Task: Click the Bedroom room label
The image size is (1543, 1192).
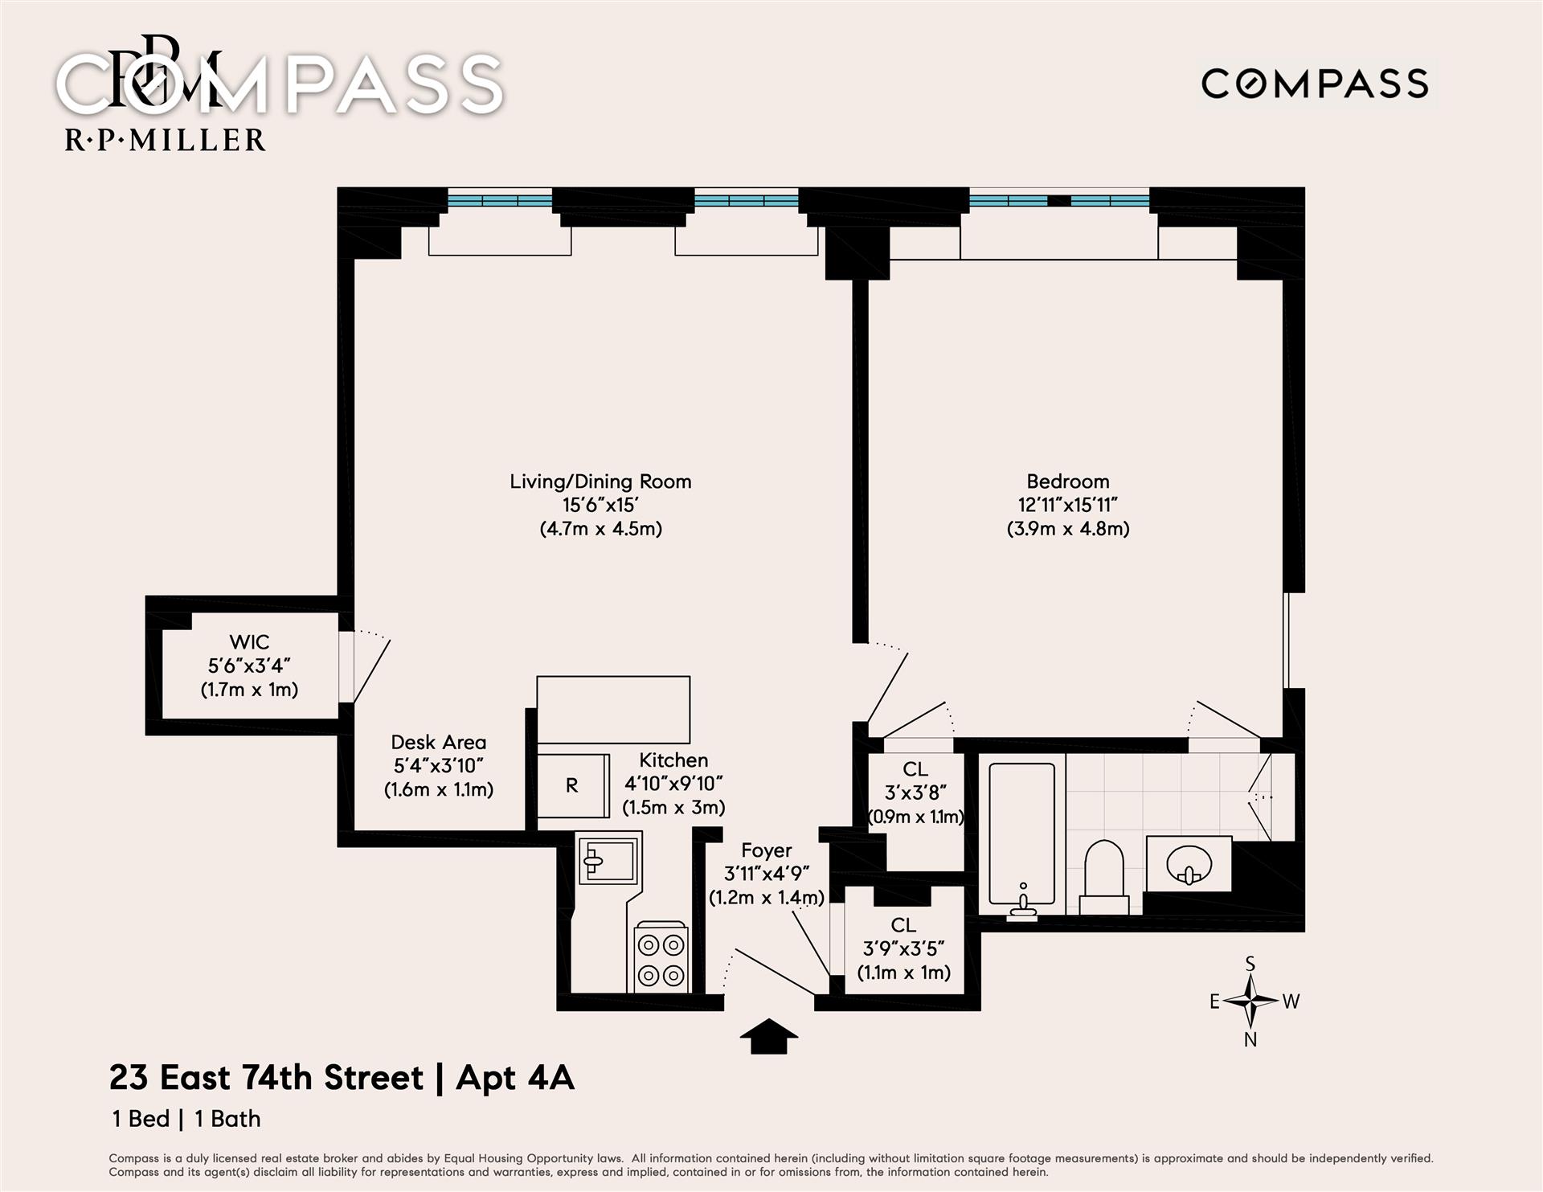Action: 1068,481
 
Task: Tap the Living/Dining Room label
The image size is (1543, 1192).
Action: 600,481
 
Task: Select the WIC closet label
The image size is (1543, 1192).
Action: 249,642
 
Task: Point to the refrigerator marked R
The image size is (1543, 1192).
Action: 572,785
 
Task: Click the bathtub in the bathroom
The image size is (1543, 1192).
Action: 1022,841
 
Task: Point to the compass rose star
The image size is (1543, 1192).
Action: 1250,1001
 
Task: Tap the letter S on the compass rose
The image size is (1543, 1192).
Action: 1250,963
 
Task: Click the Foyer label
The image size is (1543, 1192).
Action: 767,850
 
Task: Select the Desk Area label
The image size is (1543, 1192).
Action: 439,742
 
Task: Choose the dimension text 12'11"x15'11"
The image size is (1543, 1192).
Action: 1068,505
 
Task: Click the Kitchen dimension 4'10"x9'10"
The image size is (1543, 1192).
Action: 673,784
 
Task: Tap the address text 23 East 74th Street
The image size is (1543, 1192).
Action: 266,1078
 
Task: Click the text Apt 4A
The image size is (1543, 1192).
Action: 515,1079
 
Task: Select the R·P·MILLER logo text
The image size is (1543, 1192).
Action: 165,141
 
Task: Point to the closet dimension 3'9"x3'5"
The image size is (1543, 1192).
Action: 903,949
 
